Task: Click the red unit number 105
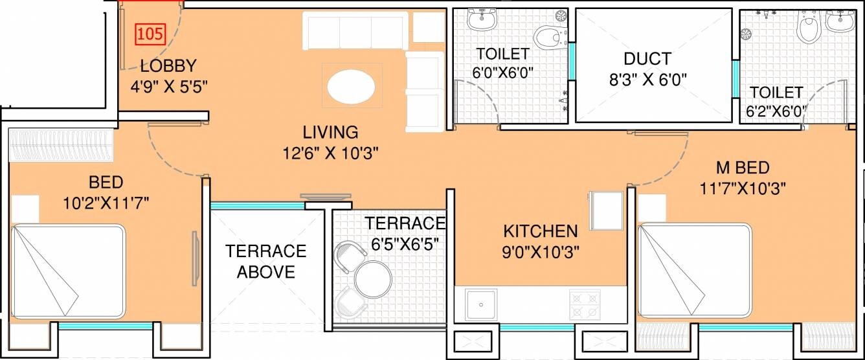[x=150, y=33]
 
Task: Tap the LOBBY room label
[x=168, y=65]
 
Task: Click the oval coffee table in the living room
[x=350, y=87]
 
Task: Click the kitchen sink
[x=480, y=304]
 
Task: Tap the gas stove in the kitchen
[x=585, y=305]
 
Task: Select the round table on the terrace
[x=373, y=279]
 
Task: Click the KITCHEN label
[x=540, y=231]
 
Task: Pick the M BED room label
[x=742, y=168]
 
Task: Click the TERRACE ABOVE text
[x=265, y=261]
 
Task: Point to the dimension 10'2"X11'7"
[x=107, y=203]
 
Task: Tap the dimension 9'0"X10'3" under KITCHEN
[x=540, y=251]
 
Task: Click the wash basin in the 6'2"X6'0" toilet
[x=840, y=20]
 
